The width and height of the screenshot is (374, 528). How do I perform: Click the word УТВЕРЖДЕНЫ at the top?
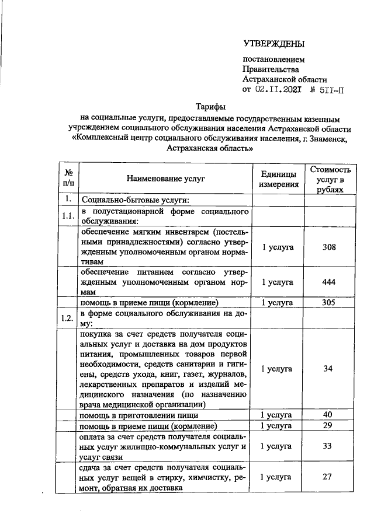274,44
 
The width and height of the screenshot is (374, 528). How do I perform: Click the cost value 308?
330,247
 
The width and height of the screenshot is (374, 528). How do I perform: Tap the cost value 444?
330,282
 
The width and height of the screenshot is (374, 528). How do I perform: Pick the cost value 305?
330,303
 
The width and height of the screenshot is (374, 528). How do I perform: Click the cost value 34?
330,368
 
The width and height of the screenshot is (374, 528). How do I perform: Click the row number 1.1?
68,216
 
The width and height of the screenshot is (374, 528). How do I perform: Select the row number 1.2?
68,318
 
